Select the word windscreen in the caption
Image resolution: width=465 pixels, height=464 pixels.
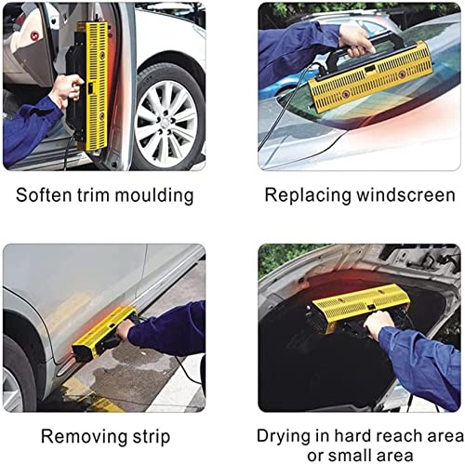tap(409, 196)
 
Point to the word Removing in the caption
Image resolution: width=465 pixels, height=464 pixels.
tap(69, 435)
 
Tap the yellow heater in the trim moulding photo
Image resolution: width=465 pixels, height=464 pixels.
tap(94, 84)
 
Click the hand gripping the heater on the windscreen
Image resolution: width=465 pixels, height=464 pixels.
tap(357, 38)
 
